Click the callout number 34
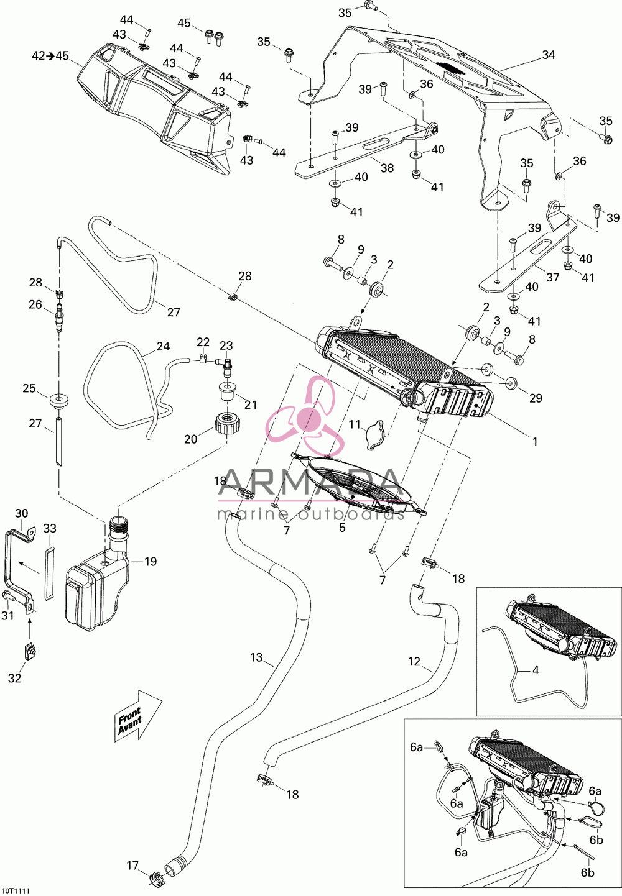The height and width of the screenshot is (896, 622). point(549,55)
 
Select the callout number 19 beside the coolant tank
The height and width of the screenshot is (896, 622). point(150,562)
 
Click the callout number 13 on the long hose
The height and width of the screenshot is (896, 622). point(256,657)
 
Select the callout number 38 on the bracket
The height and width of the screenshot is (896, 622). point(387,168)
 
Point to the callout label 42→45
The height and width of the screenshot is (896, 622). point(50,56)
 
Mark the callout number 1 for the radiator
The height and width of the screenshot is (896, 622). point(535,442)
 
